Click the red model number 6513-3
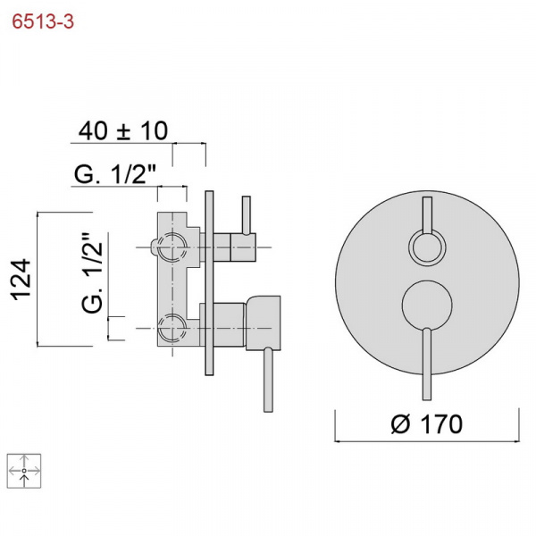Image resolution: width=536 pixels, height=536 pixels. (43, 21)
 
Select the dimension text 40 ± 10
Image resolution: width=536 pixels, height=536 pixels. (123, 130)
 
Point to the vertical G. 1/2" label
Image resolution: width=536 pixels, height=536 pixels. (92, 272)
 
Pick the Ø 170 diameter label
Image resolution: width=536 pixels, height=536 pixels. (427, 423)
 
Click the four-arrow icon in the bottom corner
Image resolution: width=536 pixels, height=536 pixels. (24, 471)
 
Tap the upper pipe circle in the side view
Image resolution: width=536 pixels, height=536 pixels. (172, 247)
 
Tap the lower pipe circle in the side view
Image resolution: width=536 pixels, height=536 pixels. (172, 328)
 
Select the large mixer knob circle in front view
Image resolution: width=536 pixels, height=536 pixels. (427, 306)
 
